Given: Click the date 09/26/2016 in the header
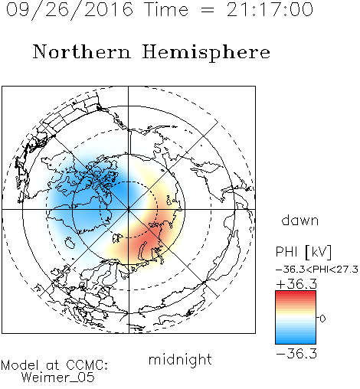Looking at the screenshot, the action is click(x=70, y=10).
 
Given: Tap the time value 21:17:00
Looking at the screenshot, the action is click(x=270, y=9).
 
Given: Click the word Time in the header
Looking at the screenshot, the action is click(x=166, y=9).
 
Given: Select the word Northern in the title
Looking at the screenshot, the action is click(x=81, y=52).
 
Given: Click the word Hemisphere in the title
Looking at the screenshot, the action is click(x=206, y=53).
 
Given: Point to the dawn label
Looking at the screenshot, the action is click(x=300, y=220).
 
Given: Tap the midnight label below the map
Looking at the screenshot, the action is click(x=180, y=360).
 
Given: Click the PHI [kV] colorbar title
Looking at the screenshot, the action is click(x=303, y=252).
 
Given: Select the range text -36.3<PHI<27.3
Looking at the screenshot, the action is click(x=317, y=270).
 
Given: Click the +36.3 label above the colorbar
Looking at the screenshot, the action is click(x=296, y=284).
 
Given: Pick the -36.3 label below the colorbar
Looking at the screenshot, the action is click(x=296, y=354).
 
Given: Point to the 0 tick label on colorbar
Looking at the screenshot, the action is click(x=322, y=319).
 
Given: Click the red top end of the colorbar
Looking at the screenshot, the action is click(x=296, y=293).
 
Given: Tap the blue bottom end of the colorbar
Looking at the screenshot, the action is click(x=296, y=342).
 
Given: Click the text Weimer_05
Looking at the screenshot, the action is click(x=58, y=378).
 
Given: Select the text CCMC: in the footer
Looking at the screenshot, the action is click(x=87, y=365).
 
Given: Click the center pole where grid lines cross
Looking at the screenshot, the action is click(x=129, y=209).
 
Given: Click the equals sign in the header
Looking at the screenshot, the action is click(x=208, y=11).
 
